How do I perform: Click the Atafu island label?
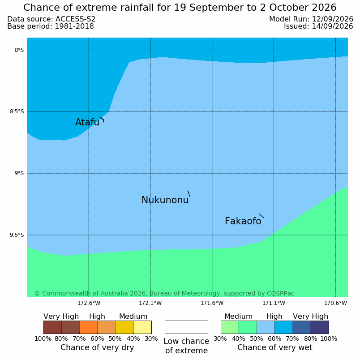pyautogui.click(x=87, y=122)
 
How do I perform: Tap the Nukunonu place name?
pyautogui.click(x=165, y=200)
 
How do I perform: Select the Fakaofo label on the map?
pyautogui.click(x=243, y=221)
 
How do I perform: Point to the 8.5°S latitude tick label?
pyautogui.click(x=17, y=111)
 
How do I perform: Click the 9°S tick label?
pyautogui.click(x=19, y=173)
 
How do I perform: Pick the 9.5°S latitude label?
pyautogui.click(x=17, y=235)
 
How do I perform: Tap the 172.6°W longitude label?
pyautogui.click(x=89, y=303)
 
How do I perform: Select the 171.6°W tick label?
pyautogui.click(x=212, y=303)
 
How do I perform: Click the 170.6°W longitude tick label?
pyautogui.click(x=335, y=303)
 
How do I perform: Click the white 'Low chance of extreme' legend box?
pyautogui.click(x=186, y=327)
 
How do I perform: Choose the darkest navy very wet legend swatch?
pyautogui.click(x=320, y=327)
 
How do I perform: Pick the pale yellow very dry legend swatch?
pyautogui.click(x=142, y=327)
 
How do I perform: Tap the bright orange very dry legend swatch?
pyautogui.click(x=88, y=327)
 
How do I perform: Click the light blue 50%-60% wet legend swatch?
pyautogui.click(x=266, y=327)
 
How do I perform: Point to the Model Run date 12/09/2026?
pyautogui.click(x=332, y=19)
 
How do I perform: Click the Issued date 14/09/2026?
pyautogui.click(x=332, y=26)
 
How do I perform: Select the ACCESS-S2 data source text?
pyautogui.click(x=75, y=19)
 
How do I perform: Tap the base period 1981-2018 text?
pyautogui.click(x=74, y=26)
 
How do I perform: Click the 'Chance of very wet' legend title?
pyautogui.click(x=274, y=347)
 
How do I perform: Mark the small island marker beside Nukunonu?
pyautogui.click(x=189, y=193)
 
